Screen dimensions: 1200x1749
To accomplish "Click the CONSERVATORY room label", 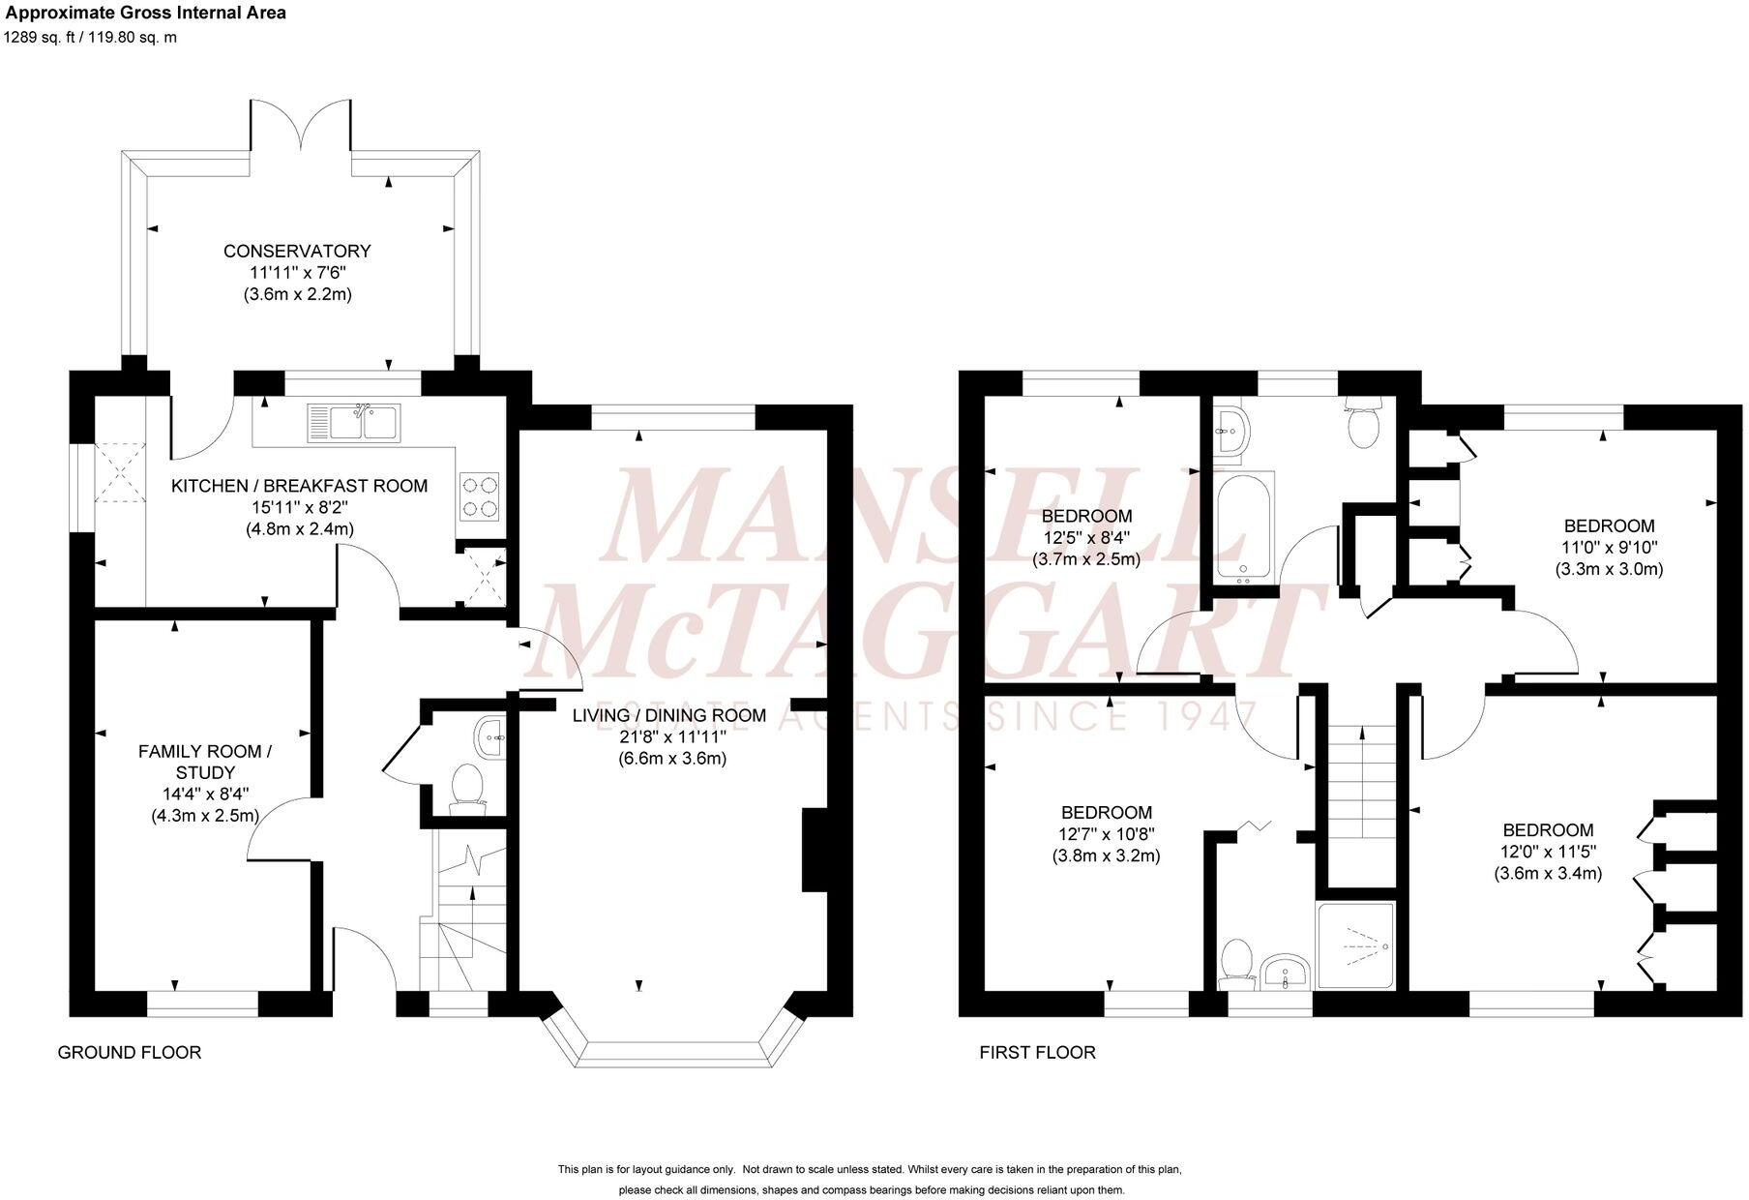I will (x=297, y=252).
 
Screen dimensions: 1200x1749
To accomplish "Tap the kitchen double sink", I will (x=352, y=422).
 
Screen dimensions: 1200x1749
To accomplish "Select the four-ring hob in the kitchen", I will (x=479, y=495).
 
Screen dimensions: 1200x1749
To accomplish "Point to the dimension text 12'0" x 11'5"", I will (x=1548, y=852).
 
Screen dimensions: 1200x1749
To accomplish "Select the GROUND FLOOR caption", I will (x=130, y=1053).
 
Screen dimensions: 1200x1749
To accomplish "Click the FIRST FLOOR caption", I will (x=1037, y=1053).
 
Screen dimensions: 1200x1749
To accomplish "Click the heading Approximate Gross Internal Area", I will (x=146, y=14).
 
